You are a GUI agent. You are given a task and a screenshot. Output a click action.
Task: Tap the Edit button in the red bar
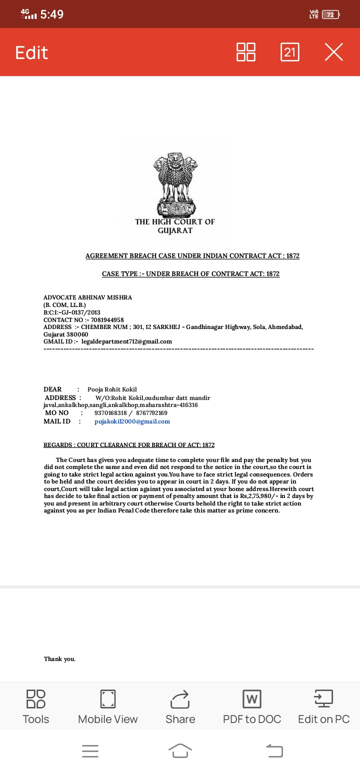[31, 52]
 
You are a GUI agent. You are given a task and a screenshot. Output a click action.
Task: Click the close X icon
[333, 52]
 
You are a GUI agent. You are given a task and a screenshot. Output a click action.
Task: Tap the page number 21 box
[290, 52]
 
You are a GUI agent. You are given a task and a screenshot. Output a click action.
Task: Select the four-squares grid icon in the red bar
[246, 52]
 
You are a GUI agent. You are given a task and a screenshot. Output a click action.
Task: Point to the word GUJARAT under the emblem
[175, 230]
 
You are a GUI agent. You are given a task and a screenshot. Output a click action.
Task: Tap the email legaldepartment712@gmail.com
[126, 341]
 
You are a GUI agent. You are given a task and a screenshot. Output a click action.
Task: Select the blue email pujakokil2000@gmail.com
[132, 421]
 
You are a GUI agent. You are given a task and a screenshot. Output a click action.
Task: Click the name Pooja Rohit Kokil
[112, 389]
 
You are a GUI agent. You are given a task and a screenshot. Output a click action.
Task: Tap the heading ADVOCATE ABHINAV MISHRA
[87, 297]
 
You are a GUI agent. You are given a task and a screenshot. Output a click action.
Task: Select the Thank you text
[59, 659]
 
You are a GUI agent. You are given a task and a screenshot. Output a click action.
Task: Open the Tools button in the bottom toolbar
[36, 706]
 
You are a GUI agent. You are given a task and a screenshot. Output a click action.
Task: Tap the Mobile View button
[108, 706]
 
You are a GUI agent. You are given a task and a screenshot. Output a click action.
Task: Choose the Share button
[180, 706]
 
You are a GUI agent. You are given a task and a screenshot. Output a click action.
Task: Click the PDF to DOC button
[252, 706]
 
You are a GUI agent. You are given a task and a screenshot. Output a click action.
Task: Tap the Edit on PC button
[323, 706]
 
